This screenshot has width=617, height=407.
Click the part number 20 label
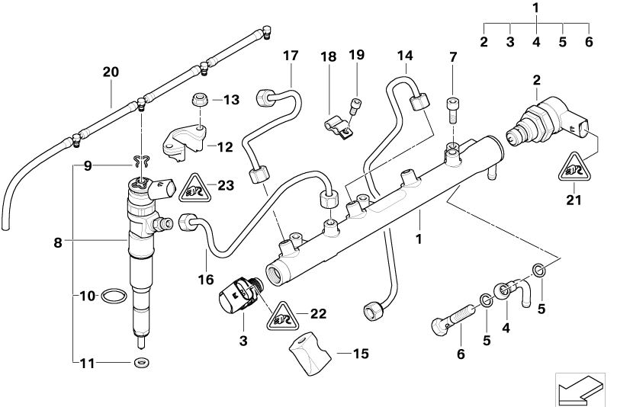coord(111,72)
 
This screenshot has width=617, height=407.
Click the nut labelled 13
coord(197,101)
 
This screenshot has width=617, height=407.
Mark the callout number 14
coord(404,55)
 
